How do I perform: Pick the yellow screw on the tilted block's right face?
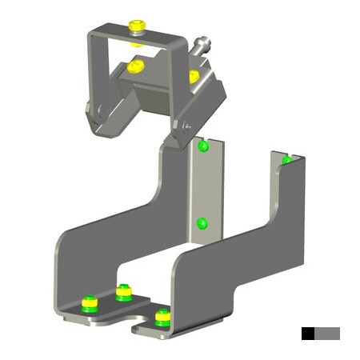193,76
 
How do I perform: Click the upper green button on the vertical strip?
203,146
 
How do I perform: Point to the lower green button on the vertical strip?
202,223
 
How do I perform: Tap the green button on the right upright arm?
286,161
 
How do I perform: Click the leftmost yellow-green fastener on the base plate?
90,302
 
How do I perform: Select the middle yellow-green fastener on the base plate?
123,292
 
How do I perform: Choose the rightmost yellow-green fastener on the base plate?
162,316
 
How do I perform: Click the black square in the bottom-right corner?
308,333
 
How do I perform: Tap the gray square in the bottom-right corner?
327,333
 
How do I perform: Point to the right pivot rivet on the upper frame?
183,125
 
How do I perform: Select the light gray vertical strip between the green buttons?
204,184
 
